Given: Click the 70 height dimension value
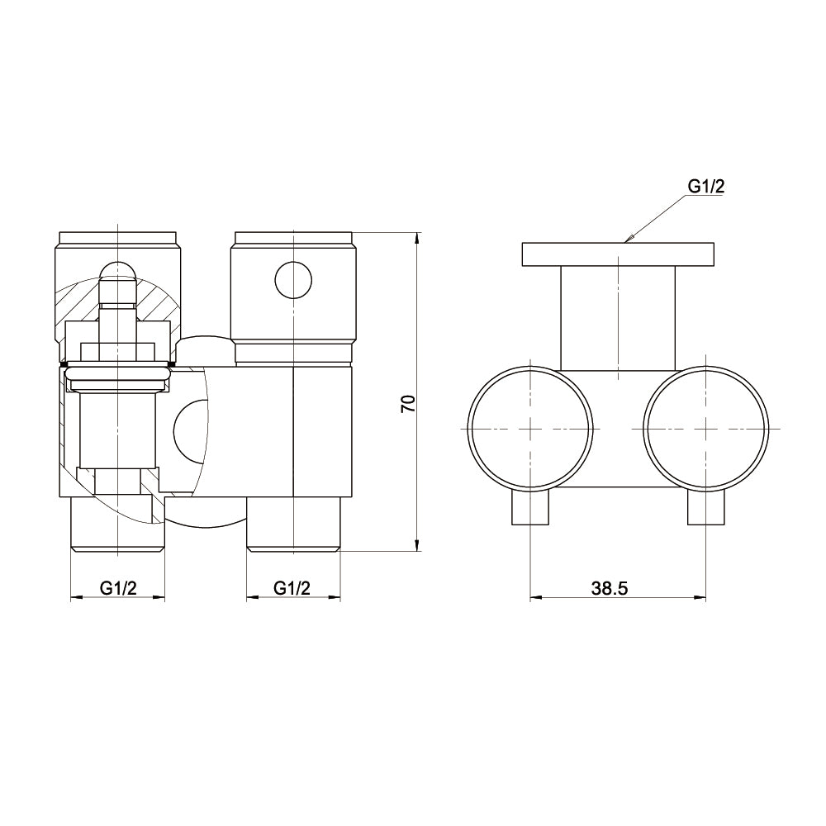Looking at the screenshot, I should pos(406,403).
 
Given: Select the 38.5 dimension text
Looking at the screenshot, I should pos(610,588).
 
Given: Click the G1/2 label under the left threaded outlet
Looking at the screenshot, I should pos(118,588).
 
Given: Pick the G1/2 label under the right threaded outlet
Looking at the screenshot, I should pos(292,588).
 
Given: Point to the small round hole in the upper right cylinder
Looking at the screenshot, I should pos(293,280).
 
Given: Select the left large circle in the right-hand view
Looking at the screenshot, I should pos(530,428).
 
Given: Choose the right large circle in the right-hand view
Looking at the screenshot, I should pos(706,428).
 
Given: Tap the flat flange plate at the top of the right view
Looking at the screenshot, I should pos(617,254).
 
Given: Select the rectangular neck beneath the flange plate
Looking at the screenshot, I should pos(617,318).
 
